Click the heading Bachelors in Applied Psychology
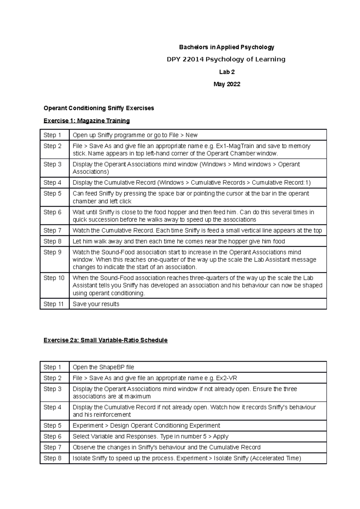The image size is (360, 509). coord(226,47)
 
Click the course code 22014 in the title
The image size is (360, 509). coord(192,59)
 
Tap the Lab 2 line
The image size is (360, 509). coord(226,72)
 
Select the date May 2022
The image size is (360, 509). coord(226,84)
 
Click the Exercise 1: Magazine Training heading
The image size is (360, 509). coord(86,121)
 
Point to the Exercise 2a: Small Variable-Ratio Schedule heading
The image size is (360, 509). coord(105,340)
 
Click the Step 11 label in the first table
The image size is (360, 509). coord(53,304)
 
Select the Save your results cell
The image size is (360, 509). coord(96,304)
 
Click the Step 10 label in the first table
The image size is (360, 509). coord(54,278)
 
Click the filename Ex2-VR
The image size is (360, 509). coord(226,378)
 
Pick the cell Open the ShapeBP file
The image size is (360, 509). coord(103,367)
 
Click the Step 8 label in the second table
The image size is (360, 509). coord(52,458)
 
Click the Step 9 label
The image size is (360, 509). coord(52,252)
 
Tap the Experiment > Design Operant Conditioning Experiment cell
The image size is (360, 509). coord(146,426)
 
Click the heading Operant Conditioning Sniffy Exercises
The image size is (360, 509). coord(99,108)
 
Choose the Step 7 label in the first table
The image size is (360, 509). coord(52,230)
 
